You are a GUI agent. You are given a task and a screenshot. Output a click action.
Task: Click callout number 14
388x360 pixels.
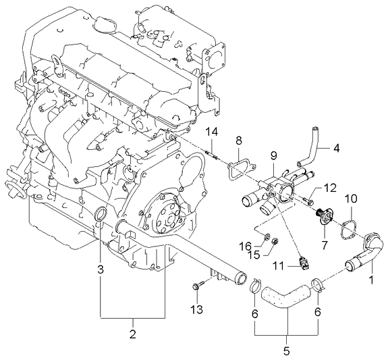212,131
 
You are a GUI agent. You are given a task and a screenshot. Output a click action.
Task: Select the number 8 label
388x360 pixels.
239,141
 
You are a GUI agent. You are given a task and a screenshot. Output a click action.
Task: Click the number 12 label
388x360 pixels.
331,188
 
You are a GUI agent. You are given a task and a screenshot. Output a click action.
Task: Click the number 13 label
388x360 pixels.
196,310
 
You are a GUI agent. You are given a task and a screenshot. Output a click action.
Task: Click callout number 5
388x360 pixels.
286,351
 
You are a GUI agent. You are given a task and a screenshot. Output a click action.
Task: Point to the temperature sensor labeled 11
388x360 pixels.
303,263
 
